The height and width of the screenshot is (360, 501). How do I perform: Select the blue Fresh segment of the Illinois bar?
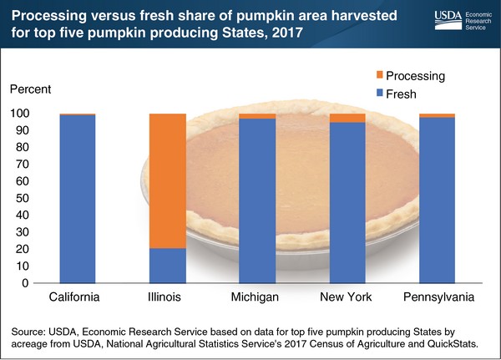(167, 266)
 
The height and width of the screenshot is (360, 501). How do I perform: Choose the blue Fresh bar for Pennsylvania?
(437, 200)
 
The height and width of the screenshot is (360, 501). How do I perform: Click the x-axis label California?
(77, 298)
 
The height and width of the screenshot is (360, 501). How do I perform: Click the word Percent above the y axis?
(30, 89)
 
